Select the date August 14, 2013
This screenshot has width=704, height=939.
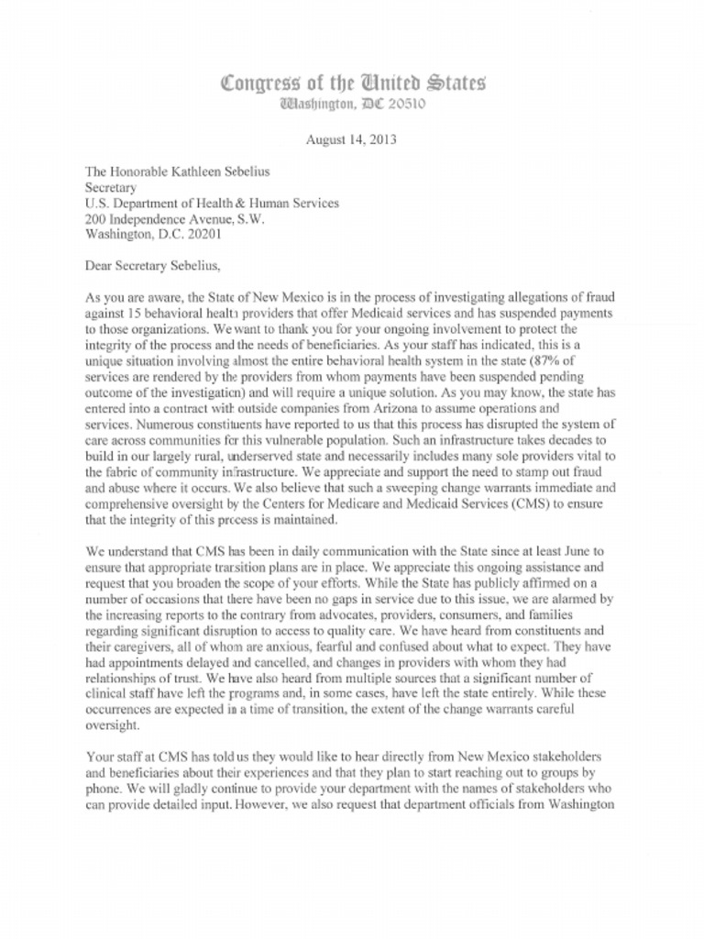(x=351, y=140)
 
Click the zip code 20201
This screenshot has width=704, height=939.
(x=202, y=234)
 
